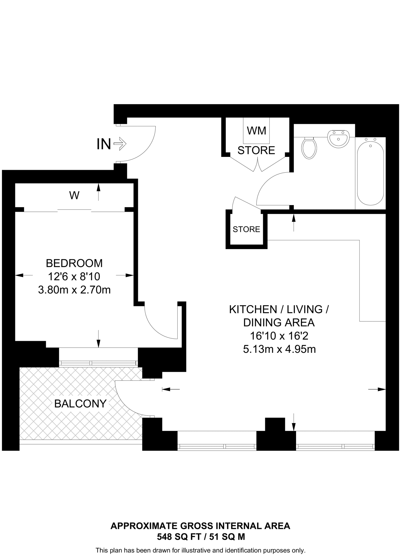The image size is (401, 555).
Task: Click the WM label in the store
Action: point(256,131)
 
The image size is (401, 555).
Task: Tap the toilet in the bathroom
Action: point(309,148)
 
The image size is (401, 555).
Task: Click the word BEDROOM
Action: point(74,263)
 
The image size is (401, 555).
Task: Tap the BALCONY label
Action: point(80,404)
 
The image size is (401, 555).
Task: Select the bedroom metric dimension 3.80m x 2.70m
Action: point(74,290)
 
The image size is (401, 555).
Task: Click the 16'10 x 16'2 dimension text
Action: point(279,336)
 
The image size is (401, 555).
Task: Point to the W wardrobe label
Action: point(74,195)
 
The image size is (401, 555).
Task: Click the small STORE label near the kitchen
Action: point(246,229)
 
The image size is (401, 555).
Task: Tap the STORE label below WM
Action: point(256,150)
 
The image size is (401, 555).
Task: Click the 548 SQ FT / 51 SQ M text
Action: point(201,537)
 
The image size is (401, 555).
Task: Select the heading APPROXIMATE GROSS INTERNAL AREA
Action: point(200,526)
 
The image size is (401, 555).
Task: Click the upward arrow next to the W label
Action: point(98,191)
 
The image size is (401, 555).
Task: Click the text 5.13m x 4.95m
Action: point(279,349)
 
